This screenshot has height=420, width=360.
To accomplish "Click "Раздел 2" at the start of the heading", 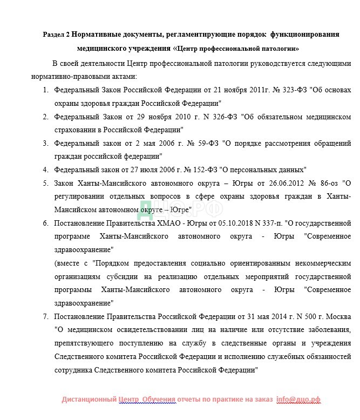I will coord(56,34).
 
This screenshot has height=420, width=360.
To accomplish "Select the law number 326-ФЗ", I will coord(222,116).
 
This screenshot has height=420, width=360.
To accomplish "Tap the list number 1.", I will coord(46,89).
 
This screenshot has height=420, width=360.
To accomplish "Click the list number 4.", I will coord(46,169).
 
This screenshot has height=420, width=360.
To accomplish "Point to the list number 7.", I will coord(46,315).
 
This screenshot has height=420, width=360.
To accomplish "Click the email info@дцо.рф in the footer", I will coord(298,399).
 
